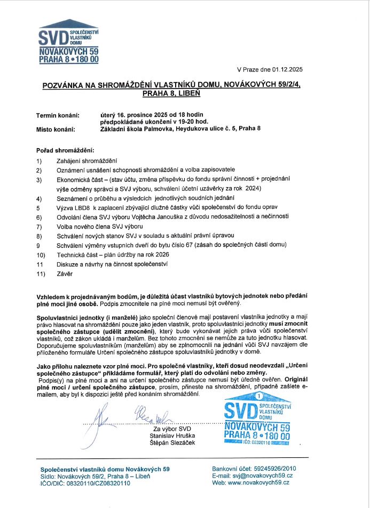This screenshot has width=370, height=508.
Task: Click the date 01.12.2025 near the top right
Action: (287, 69)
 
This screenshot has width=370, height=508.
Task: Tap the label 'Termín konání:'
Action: (58, 115)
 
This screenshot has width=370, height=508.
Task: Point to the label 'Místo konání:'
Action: (56, 129)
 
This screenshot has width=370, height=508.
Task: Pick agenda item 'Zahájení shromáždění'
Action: (86, 160)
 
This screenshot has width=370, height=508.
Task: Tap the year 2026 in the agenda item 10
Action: (161, 255)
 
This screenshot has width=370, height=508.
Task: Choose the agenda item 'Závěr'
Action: (64, 274)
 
